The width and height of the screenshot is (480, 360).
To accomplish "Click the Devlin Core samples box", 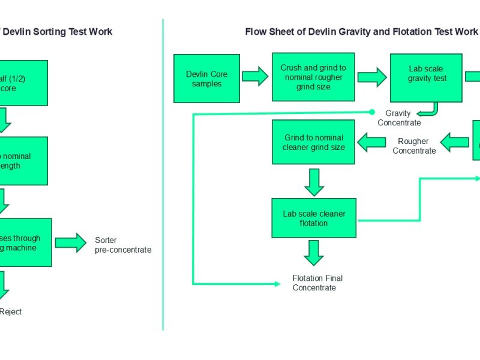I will pos(206,78).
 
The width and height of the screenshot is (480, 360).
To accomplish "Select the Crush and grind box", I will pos(314,77).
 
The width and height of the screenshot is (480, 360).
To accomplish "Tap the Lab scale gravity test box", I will pos(425,77).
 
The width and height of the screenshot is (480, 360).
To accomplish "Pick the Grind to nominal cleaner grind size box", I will pos(314,142).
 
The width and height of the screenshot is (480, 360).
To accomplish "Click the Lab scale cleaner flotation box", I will pos(314,218).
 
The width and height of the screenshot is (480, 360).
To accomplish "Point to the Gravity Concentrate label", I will pos(399,118).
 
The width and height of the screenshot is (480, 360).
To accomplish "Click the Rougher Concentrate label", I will pos(414,146).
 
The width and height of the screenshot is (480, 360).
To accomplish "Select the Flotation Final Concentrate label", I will pos(317,283).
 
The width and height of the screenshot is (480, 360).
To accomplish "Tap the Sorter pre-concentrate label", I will pos(122,245).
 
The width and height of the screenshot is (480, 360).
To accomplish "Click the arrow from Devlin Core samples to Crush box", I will pos(255,76).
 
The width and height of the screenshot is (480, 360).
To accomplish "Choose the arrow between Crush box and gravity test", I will pos(373,76).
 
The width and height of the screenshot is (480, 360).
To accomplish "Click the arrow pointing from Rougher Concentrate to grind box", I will pos(372,142).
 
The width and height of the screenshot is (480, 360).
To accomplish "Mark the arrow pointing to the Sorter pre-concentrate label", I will pos(71,242).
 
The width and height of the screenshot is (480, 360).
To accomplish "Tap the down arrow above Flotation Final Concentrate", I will pos(314,253).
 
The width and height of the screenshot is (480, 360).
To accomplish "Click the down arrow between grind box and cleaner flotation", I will pos(314,182).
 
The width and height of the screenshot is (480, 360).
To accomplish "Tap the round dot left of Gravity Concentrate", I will pos(372,112).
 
